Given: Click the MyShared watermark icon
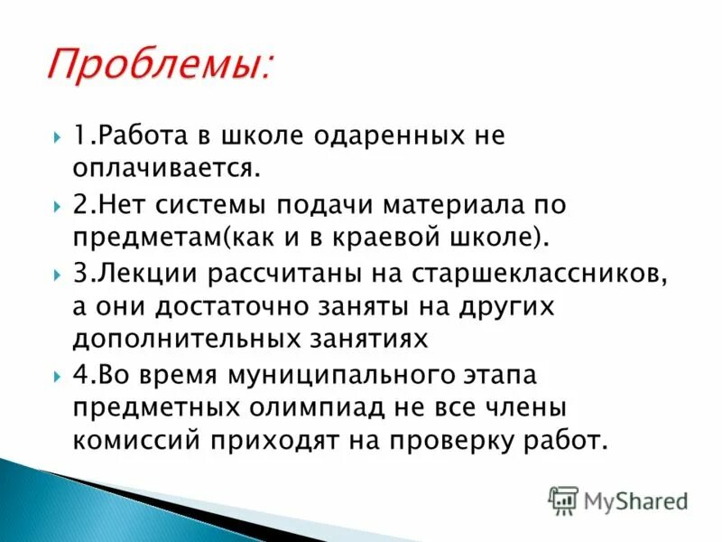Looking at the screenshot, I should [563, 500].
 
